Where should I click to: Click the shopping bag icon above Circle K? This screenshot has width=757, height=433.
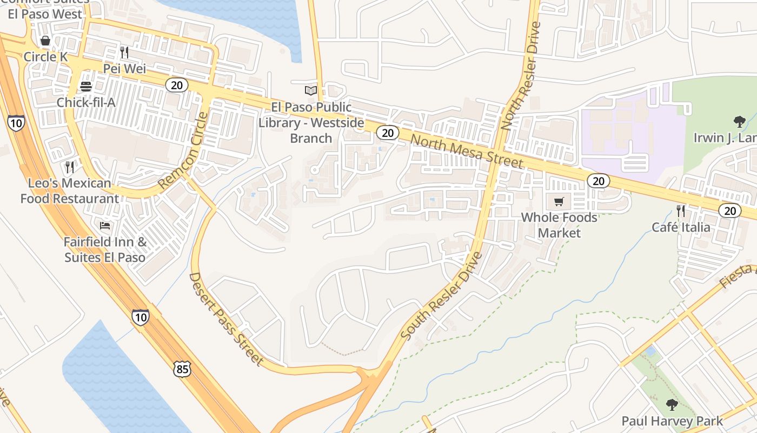point(45,41)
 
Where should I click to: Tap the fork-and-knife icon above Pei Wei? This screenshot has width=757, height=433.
point(124,53)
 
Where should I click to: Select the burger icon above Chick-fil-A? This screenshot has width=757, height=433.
point(85,87)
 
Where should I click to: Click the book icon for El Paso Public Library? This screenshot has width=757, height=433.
point(311,90)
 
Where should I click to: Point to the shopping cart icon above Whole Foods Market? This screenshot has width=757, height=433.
point(559,202)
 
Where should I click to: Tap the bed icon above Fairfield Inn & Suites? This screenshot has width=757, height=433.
point(105,225)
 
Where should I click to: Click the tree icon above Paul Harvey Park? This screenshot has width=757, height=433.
point(672,404)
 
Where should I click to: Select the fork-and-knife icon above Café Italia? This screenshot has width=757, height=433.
point(681,211)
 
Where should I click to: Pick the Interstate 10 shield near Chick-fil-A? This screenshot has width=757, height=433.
point(16,123)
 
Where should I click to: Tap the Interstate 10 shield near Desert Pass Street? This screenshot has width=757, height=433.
point(140,317)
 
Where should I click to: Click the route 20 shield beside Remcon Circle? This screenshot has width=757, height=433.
point(176,85)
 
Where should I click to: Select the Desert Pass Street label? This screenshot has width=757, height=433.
point(225,319)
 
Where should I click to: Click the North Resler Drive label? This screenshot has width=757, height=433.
point(521,76)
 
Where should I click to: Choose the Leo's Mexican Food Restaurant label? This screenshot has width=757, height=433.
point(70,191)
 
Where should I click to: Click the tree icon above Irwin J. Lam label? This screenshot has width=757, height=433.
point(739,121)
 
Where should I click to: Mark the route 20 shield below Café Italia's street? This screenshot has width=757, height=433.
point(730,211)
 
